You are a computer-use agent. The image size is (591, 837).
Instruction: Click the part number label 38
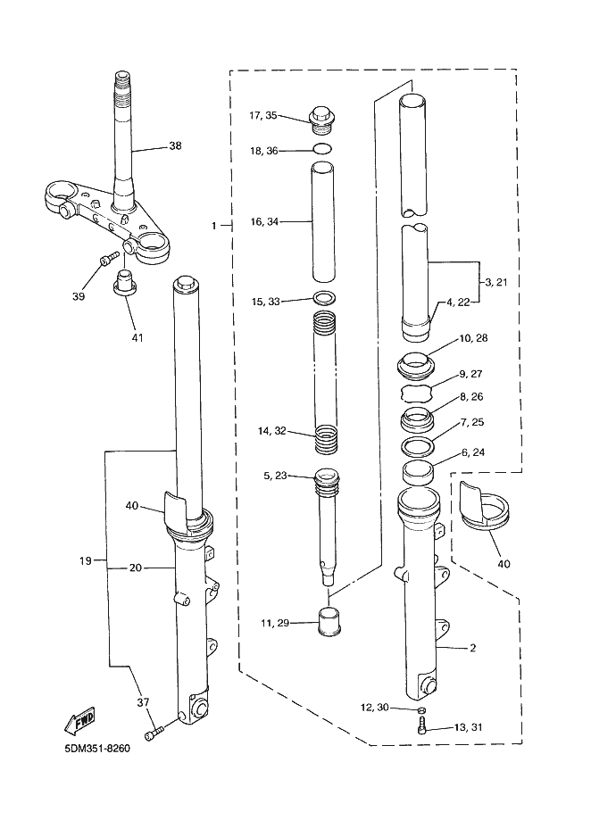coord(175,145)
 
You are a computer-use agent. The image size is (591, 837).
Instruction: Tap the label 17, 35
coord(263,115)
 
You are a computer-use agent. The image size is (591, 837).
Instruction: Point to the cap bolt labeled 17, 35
coord(321,117)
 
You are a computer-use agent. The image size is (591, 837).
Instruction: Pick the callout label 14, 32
coord(271,431)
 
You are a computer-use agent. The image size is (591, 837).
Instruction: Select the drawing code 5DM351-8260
coord(97,748)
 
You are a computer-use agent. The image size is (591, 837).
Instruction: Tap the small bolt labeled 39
coord(106,259)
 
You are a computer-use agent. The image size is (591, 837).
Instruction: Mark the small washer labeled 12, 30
coord(422,709)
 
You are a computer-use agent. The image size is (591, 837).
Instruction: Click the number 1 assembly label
coord(214,227)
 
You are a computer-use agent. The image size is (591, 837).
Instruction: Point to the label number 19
coord(86,561)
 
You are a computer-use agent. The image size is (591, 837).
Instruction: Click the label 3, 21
coord(495,282)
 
